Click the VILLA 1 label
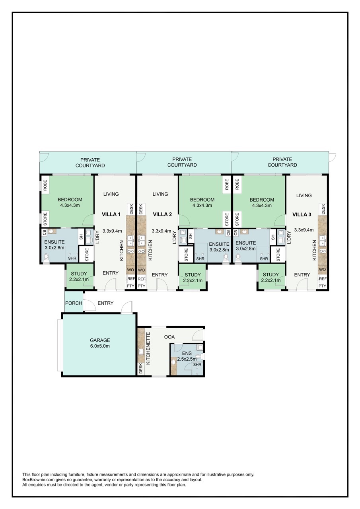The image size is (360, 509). (111, 214)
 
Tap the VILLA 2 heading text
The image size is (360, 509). (162, 214)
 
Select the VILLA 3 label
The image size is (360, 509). (302, 214)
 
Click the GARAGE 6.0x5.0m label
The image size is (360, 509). (100, 343)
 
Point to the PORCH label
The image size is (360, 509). (74, 303)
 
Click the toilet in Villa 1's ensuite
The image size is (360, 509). (46, 257)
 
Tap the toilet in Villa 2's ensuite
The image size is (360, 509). (226, 257)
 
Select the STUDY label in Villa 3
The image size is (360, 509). (270, 274)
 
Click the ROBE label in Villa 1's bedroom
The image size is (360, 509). (45, 185)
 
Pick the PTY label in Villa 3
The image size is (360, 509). (322, 286)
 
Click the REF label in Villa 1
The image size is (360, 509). (131, 279)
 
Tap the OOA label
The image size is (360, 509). (169, 337)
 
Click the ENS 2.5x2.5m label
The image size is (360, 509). (187, 356)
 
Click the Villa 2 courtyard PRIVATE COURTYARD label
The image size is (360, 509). (182, 162)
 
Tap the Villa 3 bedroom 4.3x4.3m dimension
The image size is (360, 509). (262, 206)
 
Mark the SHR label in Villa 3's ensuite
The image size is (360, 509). (264, 258)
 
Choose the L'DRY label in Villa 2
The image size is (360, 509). (175, 237)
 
